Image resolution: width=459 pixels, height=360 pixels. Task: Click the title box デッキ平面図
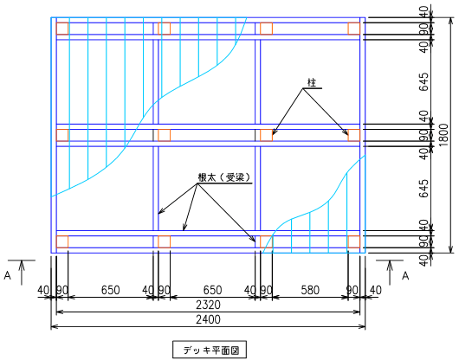pyautogui.click(x=210, y=350)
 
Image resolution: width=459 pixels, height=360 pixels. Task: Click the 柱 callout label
pyautogui.click(x=312, y=82)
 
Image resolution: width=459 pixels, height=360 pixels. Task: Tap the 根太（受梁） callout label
pyautogui.click(x=224, y=177)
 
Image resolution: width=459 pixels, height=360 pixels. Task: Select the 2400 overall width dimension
pyautogui.click(x=208, y=319)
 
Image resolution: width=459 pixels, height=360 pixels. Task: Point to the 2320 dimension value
pyautogui.click(x=208, y=305)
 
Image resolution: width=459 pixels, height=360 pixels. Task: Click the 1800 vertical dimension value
pyautogui.click(x=443, y=135)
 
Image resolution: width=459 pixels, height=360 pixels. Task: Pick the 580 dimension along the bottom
pyautogui.click(x=310, y=290)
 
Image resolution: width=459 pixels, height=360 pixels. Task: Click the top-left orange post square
pyautogui.click(x=62, y=29)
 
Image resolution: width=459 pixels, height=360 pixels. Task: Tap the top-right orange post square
pyautogui.click(x=354, y=29)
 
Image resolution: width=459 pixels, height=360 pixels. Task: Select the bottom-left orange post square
pyautogui.click(x=62, y=241)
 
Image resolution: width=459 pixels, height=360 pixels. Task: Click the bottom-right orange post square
pyautogui.click(x=354, y=241)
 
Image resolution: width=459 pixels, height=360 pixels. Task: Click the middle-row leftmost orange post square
pyautogui.click(x=62, y=135)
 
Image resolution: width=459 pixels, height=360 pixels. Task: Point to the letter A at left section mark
pyautogui.click(x=7, y=275)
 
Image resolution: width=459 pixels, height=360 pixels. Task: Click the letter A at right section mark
pyautogui.click(x=405, y=275)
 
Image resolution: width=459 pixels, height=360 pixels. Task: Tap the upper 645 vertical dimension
pyautogui.click(x=423, y=82)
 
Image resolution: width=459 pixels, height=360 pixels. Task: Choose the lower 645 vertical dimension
pyautogui.click(x=423, y=189)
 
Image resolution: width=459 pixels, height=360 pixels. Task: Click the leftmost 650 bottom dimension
pyautogui.click(x=110, y=290)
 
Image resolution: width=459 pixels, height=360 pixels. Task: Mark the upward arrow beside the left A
pyautogui.click(x=22, y=273)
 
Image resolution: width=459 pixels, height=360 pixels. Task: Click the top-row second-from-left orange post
pyautogui.click(x=165, y=29)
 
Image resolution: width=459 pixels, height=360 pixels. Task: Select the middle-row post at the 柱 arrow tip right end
pyautogui.click(x=354, y=135)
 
